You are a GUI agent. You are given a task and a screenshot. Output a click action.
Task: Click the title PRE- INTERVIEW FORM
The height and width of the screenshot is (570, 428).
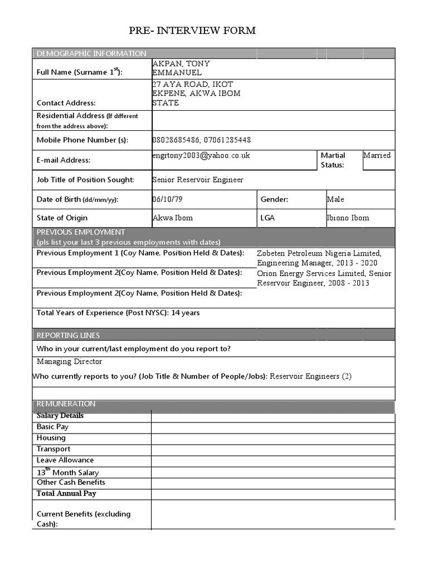pyautogui.click(x=192, y=31)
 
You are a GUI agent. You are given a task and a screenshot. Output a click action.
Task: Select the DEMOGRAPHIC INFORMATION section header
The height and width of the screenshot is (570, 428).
pyautogui.click(x=91, y=53)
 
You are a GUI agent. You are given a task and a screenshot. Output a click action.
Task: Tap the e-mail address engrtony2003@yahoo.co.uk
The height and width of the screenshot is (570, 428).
pyautogui.click(x=201, y=156)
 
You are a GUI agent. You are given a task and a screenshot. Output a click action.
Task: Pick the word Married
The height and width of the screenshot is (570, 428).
pyautogui.click(x=377, y=155)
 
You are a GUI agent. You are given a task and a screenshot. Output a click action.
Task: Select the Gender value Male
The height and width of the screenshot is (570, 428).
pyautogui.click(x=335, y=199)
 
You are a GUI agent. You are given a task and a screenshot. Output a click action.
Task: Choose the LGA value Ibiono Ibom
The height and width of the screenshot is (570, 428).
pyautogui.click(x=348, y=218)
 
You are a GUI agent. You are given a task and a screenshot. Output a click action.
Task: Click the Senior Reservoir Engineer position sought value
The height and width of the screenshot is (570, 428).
pyautogui.click(x=198, y=180)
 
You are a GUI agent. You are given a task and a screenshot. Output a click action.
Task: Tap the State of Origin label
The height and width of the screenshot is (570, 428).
pyautogui.click(x=62, y=218)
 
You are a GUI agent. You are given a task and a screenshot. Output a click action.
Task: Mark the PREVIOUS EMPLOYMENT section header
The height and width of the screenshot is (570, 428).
pyautogui.click(x=81, y=232)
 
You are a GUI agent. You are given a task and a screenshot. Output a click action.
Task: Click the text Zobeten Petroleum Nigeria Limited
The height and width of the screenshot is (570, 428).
pyautogui.click(x=319, y=254)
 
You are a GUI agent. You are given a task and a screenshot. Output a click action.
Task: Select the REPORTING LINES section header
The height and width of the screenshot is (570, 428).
pyautogui.click(x=68, y=335)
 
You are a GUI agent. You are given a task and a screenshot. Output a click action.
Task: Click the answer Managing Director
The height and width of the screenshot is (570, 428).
pyautogui.click(x=70, y=362)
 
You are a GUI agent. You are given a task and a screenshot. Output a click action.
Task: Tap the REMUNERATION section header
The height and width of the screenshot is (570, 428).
pyautogui.click(x=66, y=404)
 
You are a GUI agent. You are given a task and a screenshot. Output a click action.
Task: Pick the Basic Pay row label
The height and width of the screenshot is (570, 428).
pyautogui.click(x=52, y=427)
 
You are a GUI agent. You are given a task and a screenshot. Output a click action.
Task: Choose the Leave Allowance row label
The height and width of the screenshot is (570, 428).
pyautogui.click(x=65, y=460)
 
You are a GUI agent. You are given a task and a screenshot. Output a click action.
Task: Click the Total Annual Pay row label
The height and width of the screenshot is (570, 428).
pyautogui.click(x=66, y=494)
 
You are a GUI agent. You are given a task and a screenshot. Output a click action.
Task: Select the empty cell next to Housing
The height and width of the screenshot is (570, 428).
pyautogui.click(x=273, y=438)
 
